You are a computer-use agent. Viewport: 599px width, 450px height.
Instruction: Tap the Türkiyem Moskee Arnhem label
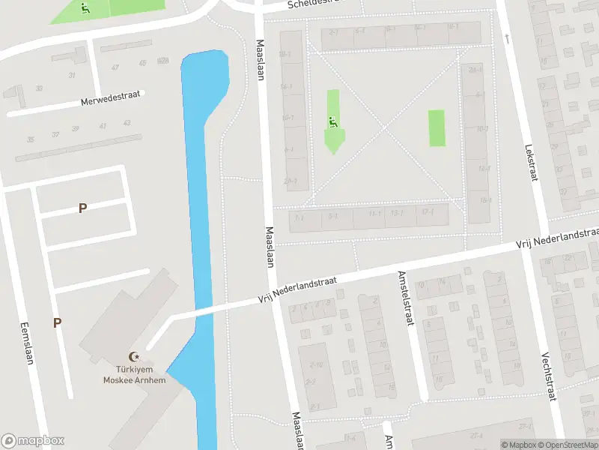click(134, 375)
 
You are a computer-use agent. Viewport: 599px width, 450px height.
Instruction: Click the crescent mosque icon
click(135, 357)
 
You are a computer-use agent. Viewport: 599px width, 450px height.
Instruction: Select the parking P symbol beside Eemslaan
click(57, 323)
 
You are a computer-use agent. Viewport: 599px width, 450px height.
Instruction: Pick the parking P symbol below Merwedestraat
click(82, 208)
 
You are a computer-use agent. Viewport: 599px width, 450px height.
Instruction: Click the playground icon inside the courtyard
click(332, 119)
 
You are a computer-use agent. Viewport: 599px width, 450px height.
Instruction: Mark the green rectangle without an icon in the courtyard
click(437, 128)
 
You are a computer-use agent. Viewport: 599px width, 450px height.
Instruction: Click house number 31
click(72, 75)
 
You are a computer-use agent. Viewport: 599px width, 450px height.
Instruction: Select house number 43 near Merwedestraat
click(127, 123)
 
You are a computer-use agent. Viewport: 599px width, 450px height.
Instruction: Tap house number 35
click(31, 139)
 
